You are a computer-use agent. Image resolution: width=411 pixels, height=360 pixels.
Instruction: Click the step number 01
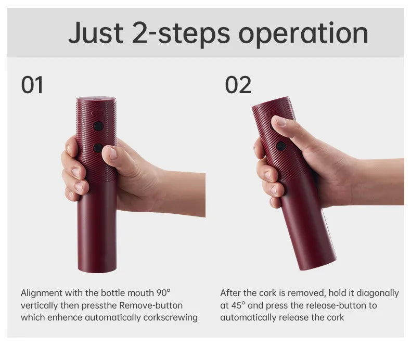click(x=32, y=85)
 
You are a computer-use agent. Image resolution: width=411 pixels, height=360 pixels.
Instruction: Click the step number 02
click(x=238, y=85)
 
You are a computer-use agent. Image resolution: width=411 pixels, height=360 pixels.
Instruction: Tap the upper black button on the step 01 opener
click(x=98, y=126)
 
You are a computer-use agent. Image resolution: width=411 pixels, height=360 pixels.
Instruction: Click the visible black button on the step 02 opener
click(x=281, y=146)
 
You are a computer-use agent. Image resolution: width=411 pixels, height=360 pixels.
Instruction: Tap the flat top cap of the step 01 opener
click(x=96, y=99)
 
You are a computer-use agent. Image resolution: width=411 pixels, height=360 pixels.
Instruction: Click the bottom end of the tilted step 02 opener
click(x=318, y=264)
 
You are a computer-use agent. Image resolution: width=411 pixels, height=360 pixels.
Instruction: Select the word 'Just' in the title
click(x=96, y=33)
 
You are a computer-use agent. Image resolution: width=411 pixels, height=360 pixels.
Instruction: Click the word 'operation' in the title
click(x=303, y=34)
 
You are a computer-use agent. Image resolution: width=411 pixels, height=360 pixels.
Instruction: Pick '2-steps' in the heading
click(x=181, y=34)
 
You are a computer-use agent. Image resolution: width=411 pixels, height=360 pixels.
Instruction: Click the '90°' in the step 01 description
click(x=163, y=293)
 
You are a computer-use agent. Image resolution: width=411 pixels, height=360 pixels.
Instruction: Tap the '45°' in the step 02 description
click(x=238, y=305)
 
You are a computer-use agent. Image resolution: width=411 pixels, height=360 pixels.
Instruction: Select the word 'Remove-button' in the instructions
click(x=151, y=305)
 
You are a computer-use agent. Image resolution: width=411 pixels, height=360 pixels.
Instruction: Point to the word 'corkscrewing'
click(x=170, y=318)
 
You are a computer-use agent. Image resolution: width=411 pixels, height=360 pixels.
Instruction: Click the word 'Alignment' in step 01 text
click(x=42, y=293)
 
